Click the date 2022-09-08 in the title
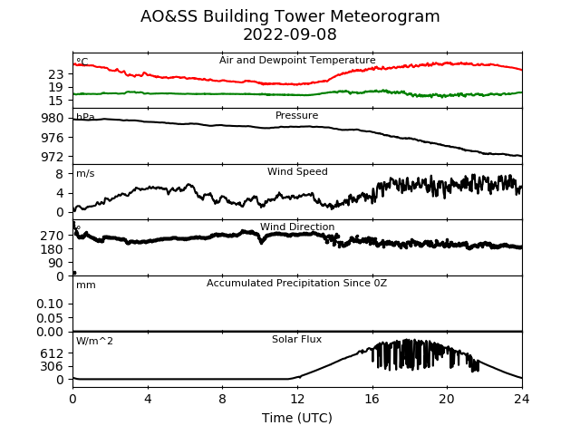click(x=290, y=34)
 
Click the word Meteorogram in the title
click(x=384, y=16)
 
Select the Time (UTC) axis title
click(x=297, y=418)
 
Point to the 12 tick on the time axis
click(x=297, y=399)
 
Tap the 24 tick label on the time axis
click(x=522, y=399)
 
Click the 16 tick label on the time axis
click(x=372, y=399)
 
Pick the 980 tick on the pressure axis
click(x=53, y=119)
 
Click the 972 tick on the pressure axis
click(x=53, y=157)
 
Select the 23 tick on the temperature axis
click(x=56, y=74)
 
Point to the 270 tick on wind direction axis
click(x=53, y=236)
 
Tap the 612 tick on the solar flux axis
click(x=53, y=353)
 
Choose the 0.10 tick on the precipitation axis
click(x=50, y=304)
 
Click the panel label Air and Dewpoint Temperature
click(x=297, y=60)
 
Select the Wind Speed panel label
click(x=297, y=171)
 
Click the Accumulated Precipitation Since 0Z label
click(x=296, y=283)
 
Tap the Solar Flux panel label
click(x=296, y=339)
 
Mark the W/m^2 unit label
click(x=94, y=341)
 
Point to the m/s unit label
click(x=85, y=173)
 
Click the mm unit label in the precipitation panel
click(x=86, y=285)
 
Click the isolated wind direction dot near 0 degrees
click(x=74, y=273)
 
